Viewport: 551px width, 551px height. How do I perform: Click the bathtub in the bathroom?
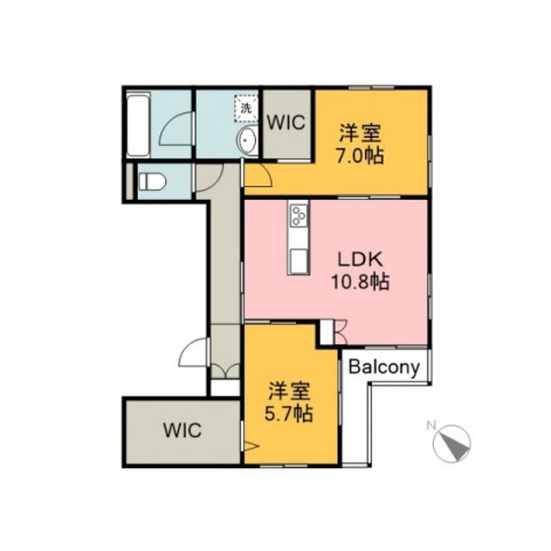tap(138, 125)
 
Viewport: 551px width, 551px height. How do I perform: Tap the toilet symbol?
tap(152, 182)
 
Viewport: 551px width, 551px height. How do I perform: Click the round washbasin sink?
tap(247, 139)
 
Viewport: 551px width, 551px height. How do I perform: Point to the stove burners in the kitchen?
tap(299, 214)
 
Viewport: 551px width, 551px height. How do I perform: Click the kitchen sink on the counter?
tap(299, 260)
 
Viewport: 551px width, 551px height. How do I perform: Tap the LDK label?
tap(360, 260)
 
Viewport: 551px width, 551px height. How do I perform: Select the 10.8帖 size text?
tap(361, 282)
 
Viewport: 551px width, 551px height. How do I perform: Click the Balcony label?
tap(384, 368)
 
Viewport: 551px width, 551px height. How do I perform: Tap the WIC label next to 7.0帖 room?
tap(286, 123)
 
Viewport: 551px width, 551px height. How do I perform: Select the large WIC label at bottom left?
tap(183, 430)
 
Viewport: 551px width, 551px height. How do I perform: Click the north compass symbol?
tap(452, 443)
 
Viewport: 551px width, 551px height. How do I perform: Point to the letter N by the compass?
tap(430, 426)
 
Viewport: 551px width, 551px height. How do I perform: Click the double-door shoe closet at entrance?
tap(226, 371)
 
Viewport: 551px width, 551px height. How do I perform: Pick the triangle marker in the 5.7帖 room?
tap(251, 447)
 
